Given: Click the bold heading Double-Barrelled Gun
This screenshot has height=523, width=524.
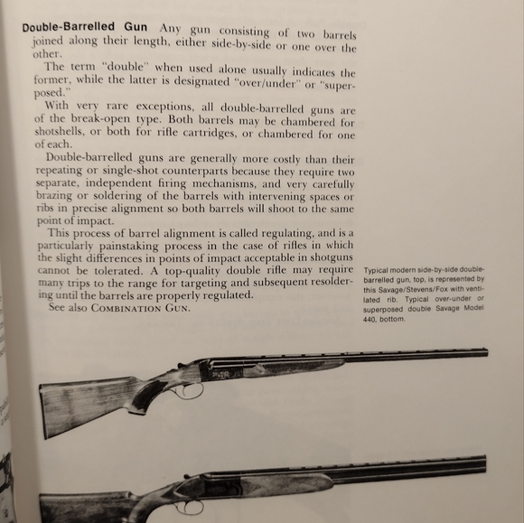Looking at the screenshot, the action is [86, 26].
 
